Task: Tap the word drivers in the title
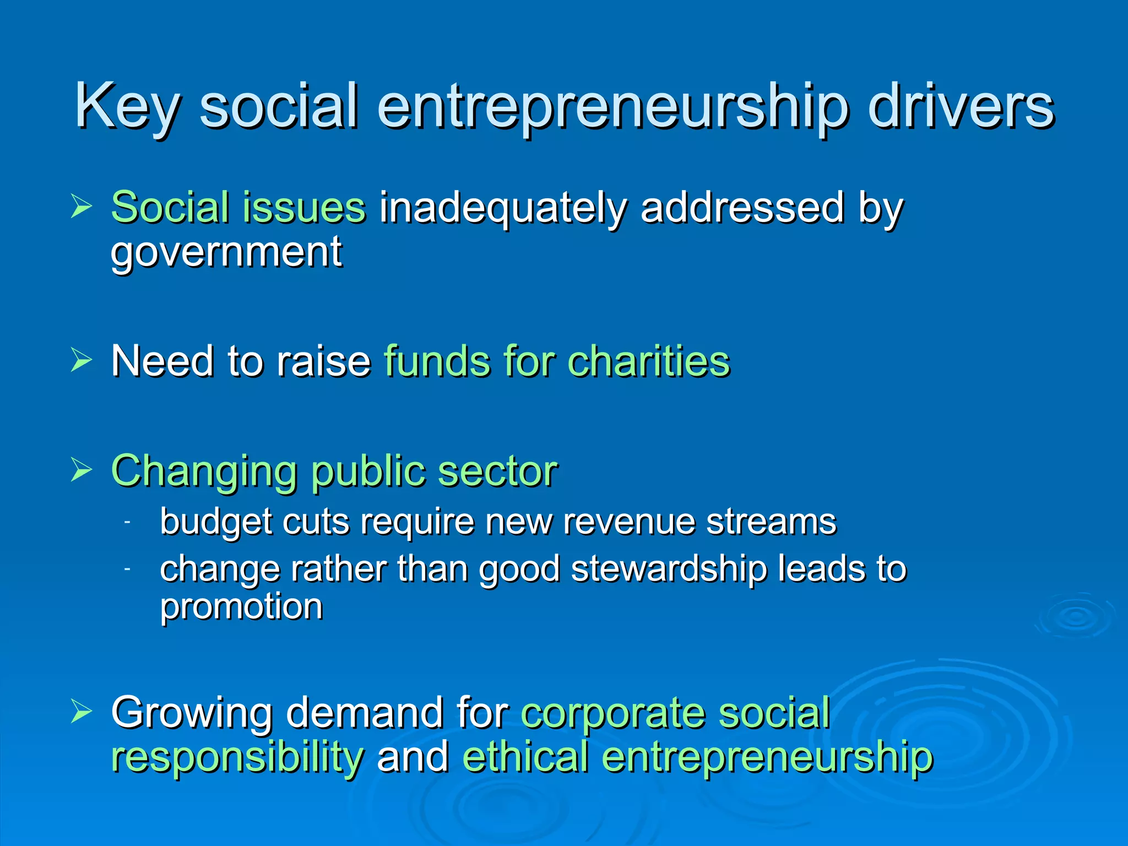tap(961, 106)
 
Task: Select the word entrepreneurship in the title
tap(612, 107)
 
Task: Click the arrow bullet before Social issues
tap(81, 207)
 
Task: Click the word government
tap(226, 252)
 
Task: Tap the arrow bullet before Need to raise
tap(81, 361)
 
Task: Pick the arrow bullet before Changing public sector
tap(81, 470)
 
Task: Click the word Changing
tap(204, 472)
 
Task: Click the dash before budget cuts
tap(127, 522)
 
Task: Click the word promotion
tap(241, 607)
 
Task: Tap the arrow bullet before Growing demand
tap(81, 712)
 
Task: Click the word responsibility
tap(237, 757)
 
